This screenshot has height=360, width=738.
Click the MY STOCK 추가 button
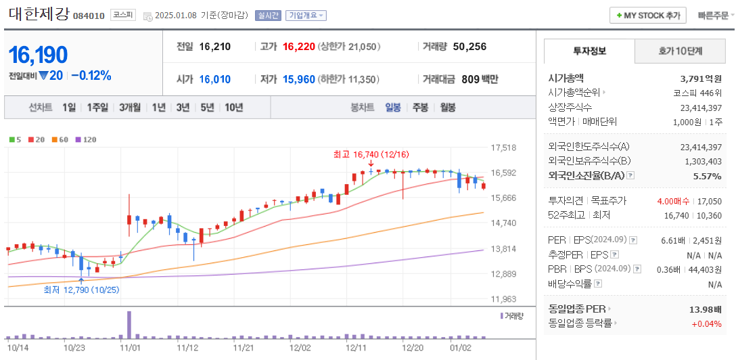click(648, 15)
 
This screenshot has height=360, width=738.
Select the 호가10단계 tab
click(680, 51)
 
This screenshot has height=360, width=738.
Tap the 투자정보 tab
click(589, 51)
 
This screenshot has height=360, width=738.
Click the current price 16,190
click(38, 55)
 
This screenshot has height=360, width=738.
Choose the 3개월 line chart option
click(130, 107)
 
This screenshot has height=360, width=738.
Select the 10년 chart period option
click(234, 107)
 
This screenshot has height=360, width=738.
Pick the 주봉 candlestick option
click(420, 107)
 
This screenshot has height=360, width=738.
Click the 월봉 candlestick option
click(447, 107)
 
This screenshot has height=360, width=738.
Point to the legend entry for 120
click(86, 139)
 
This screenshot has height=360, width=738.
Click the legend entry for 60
click(60, 139)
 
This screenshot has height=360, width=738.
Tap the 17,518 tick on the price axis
click(504, 148)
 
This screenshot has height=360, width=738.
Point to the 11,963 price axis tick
click(504, 299)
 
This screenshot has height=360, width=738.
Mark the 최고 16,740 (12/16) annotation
click(371, 154)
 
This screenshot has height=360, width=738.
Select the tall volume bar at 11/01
click(129, 325)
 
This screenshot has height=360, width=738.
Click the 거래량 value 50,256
click(469, 47)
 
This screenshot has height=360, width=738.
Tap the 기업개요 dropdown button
click(306, 16)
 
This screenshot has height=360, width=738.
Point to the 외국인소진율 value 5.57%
click(708, 176)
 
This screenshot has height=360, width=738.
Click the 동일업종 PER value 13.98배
click(705, 309)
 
